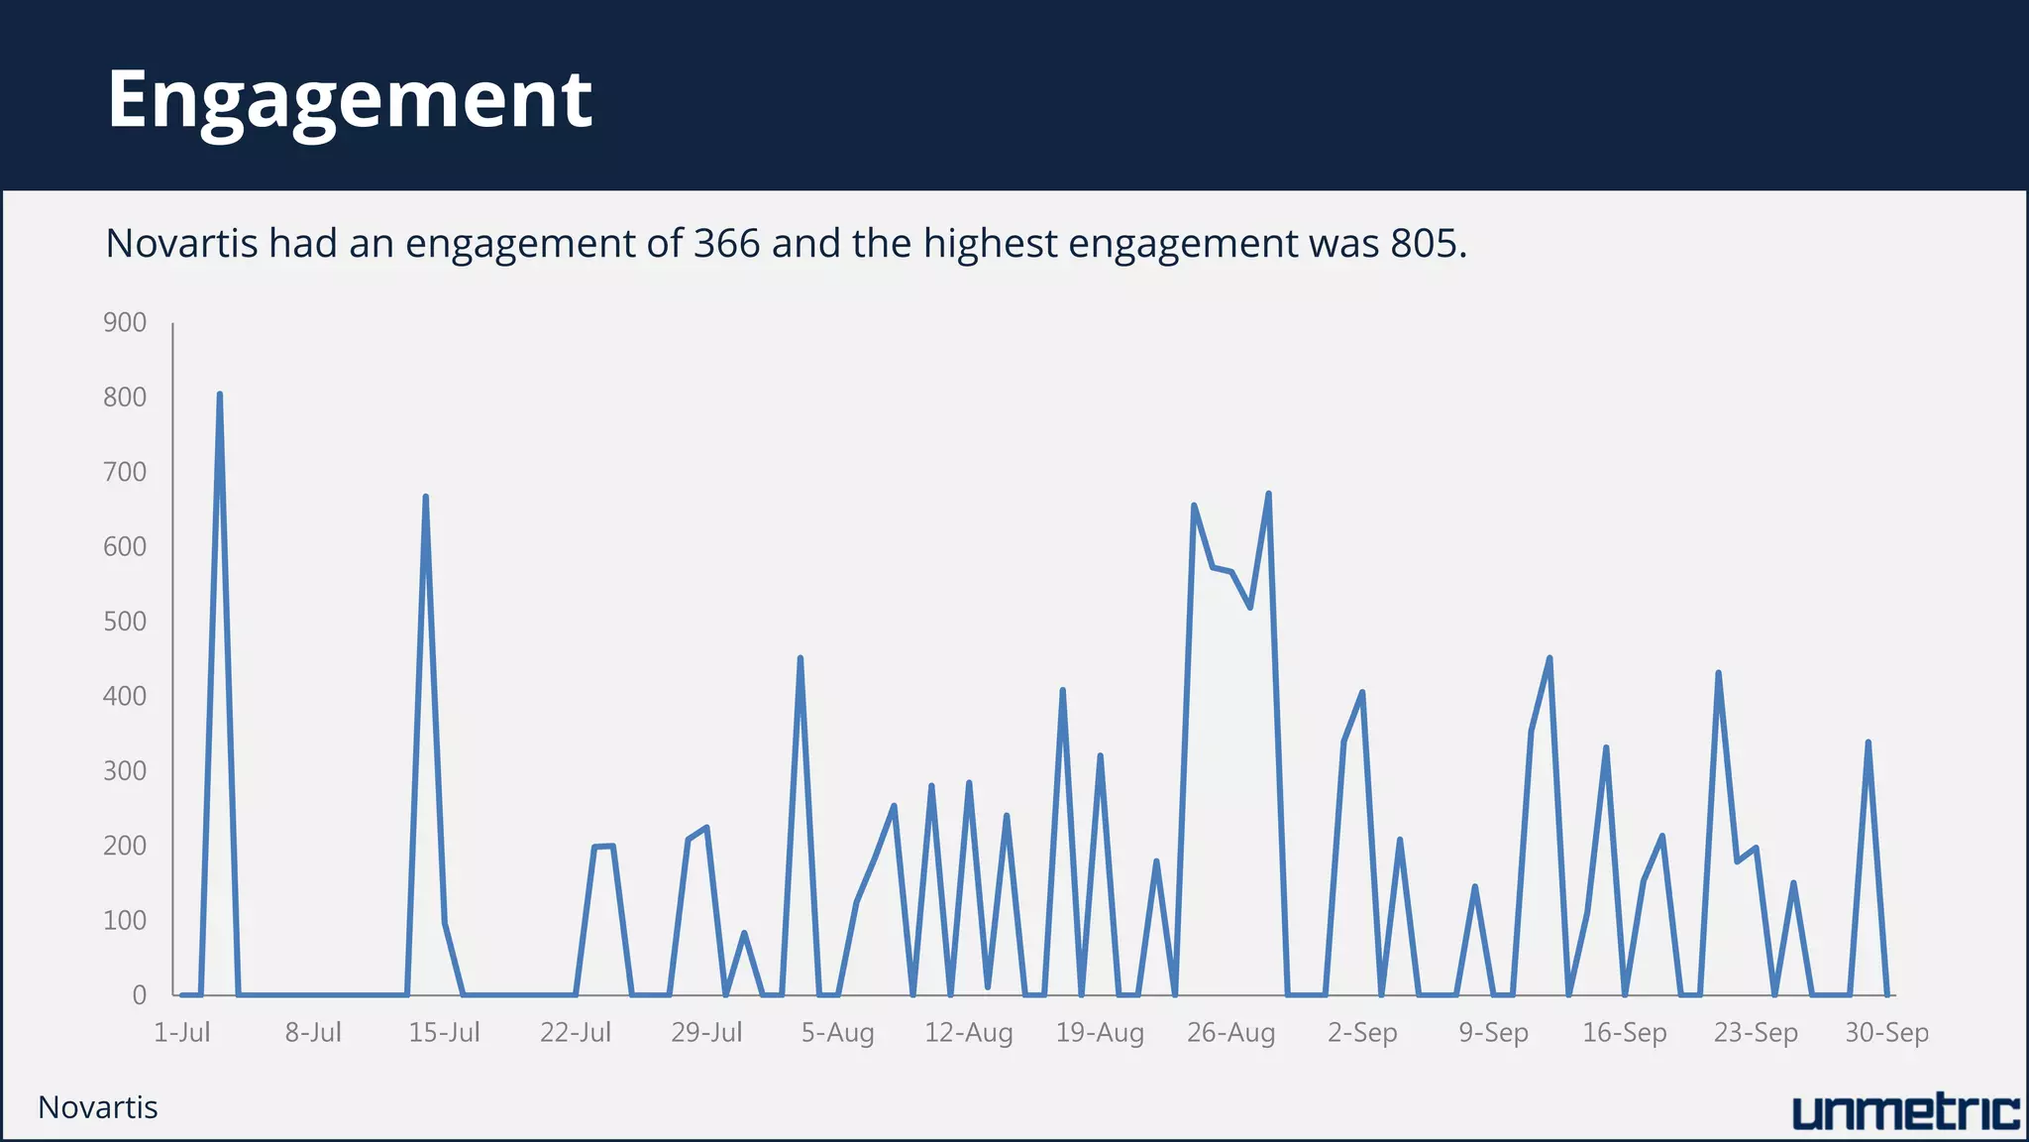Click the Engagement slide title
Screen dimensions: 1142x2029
pos(350,100)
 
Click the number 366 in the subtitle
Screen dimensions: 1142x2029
pos(726,244)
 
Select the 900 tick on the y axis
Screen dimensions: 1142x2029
pos(125,323)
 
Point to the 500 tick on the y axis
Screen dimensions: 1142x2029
pos(125,622)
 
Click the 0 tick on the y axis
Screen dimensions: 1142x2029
pos(140,995)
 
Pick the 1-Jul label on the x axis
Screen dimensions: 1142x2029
pos(182,1033)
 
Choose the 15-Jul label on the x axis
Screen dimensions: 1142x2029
pos(444,1033)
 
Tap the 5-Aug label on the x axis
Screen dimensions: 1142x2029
pos(837,1033)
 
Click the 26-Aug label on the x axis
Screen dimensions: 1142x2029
pos(1230,1033)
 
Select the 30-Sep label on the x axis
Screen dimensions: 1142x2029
pos(1886,1033)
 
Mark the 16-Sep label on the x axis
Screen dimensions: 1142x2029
pos(1624,1033)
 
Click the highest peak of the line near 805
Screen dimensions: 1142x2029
pos(219,395)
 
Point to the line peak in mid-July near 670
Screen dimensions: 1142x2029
pos(425,497)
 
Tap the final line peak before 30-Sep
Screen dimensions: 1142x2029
pos(1868,742)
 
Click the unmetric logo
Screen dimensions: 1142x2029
pos(1905,1113)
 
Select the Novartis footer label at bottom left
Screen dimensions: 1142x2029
pos(98,1107)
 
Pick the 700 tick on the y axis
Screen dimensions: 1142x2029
pos(125,473)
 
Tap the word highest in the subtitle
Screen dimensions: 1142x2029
pos(990,244)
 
